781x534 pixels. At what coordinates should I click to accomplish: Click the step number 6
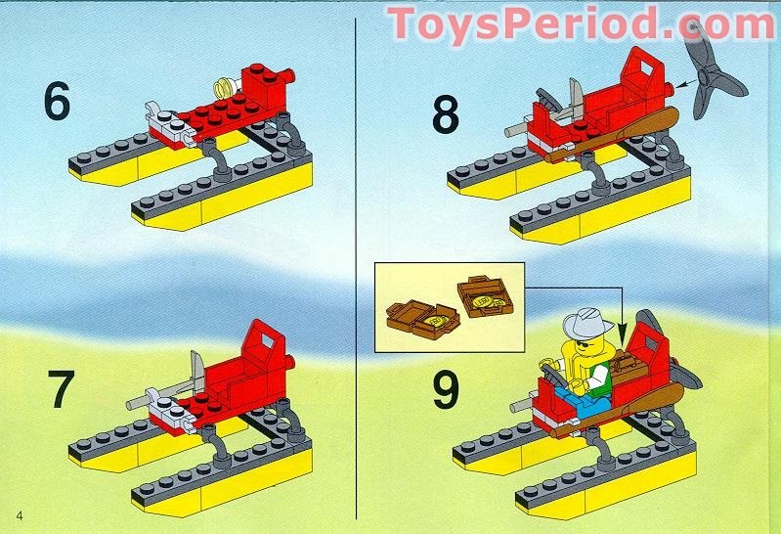tap(57, 102)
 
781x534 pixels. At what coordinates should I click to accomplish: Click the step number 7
tap(62, 389)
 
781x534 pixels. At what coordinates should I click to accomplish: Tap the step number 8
tap(446, 115)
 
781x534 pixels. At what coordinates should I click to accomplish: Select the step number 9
tap(446, 391)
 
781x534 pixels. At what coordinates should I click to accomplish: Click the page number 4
tap(20, 515)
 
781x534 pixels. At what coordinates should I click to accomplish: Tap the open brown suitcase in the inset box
tap(422, 319)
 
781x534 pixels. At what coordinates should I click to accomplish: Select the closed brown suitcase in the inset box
tap(485, 296)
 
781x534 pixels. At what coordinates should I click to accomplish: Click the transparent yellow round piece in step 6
tap(225, 88)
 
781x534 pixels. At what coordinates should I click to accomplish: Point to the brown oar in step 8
tap(613, 135)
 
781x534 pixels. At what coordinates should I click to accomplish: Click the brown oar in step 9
tap(618, 410)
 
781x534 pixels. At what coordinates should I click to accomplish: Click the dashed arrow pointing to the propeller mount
tap(688, 83)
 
